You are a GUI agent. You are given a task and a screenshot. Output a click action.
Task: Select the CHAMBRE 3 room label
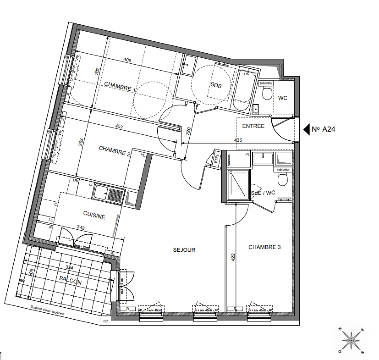click(264, 247)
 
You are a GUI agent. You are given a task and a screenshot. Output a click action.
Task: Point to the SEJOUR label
click(184, 250)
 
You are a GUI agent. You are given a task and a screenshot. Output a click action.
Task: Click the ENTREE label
click(253, 126)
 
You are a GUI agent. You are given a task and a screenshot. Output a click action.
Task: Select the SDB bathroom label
click(216, 85)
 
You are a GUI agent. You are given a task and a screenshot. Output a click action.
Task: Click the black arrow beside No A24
click(306, 129)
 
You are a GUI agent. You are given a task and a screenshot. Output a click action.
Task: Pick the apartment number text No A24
click(323, 129)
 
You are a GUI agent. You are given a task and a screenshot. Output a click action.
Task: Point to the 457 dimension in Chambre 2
click(119, 127)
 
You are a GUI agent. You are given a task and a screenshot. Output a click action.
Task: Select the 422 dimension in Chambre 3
click(233, 257)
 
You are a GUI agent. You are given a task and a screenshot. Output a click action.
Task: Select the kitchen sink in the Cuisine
click(109, 193)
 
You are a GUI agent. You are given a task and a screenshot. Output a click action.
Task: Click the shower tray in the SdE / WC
click(238, 185)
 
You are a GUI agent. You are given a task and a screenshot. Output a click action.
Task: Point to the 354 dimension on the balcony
click(69, 267)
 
